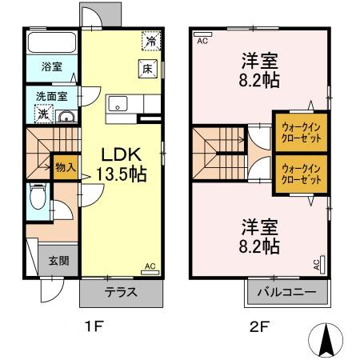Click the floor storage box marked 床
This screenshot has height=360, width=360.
coord(147,69)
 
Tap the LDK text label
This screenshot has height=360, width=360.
coord(118,154)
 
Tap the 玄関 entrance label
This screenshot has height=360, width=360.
coord(58,260)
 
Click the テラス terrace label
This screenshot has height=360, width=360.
coord(120,292)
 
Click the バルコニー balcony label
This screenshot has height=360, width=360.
coord(286,292)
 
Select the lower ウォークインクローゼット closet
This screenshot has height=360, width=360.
coord(302,174)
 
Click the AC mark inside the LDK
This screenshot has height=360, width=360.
coord(150,266)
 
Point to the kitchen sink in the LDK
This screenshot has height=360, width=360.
coord(118,103)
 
